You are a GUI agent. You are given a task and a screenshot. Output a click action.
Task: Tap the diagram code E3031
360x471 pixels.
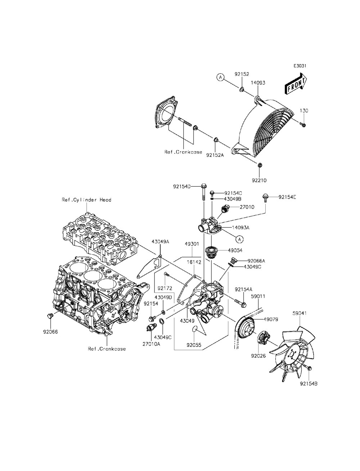click(x=300, y=66)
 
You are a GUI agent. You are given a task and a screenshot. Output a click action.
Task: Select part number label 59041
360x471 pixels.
click(x=300, y=313)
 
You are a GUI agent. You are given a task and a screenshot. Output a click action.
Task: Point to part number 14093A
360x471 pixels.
click(x=241, y=227)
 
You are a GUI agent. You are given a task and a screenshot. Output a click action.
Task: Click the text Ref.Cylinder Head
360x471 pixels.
click(x=86, y=200)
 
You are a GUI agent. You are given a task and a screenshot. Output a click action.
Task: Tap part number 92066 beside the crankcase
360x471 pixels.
click(x=51, y=332)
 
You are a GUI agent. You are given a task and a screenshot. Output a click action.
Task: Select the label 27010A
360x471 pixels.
click(x=151, y=344)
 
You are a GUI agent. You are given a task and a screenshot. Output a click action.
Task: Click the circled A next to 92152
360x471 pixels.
click(x=220, y=77)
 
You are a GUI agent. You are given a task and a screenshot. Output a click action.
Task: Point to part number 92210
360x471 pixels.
click(x=259, y=180)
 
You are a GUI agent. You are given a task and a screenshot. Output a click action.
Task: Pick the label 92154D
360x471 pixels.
click(x=181, y=186)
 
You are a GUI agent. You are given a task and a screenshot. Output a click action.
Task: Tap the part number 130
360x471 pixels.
click(x=304, y=111)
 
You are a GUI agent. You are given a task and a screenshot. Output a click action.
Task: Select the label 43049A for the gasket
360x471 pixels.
click(x=160, y=242)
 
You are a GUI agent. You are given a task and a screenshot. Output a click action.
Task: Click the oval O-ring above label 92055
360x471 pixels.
click(x=194, y=329)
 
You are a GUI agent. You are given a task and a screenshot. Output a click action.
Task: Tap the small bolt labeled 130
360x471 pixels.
click(x=303, y=125)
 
